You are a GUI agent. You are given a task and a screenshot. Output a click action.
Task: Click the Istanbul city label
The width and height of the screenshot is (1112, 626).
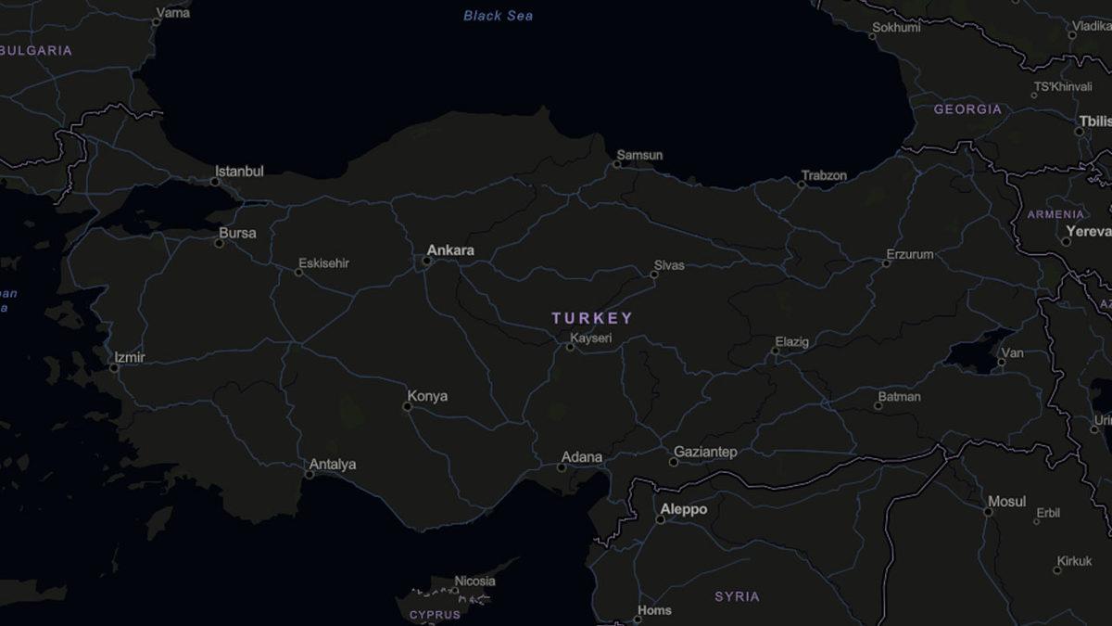239,172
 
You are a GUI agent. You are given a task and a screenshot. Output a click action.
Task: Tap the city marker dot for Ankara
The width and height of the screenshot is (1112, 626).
426,261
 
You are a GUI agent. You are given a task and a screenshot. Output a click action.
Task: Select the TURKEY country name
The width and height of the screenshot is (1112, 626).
592,318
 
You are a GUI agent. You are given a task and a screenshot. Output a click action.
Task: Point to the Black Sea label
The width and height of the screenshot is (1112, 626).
499,16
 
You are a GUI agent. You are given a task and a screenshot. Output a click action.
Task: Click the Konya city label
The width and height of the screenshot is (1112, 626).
427,396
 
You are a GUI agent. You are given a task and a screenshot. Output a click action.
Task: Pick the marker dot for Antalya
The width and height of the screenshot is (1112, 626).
310,474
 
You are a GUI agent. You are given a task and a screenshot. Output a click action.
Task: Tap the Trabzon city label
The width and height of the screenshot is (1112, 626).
824,175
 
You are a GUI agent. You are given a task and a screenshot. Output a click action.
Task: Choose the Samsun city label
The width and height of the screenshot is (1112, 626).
639,155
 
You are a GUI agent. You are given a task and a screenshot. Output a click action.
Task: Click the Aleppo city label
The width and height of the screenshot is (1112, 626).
683,509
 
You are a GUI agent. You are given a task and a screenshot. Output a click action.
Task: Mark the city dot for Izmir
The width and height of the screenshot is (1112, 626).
114,368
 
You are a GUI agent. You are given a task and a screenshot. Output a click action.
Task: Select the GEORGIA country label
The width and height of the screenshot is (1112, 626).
967,109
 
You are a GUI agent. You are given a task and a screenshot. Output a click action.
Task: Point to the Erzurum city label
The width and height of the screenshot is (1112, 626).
909,254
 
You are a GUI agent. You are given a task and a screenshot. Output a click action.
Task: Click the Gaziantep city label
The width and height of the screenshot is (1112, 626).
705,452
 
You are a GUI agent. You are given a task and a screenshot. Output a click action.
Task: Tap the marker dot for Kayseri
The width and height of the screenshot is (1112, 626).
571,347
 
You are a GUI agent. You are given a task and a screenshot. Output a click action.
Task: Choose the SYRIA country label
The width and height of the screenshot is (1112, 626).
737,596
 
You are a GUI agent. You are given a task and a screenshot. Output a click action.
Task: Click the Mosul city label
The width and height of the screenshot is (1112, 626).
1006,502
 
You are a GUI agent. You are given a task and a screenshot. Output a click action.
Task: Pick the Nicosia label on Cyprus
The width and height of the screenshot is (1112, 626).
474,581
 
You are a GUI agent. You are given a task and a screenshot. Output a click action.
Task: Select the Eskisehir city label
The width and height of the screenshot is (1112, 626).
322,263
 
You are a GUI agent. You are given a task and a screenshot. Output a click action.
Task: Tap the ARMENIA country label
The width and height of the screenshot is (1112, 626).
1055,214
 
